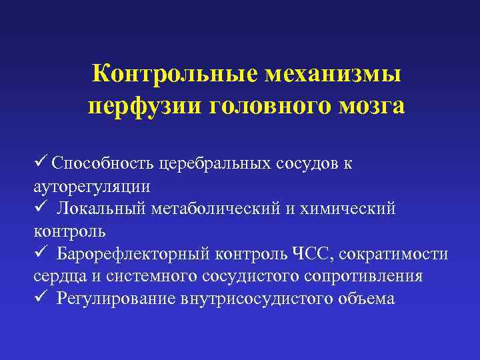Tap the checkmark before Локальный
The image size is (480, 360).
click(39, 209)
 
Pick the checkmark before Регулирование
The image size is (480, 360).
click(39, 299)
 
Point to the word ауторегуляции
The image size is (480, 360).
click(91, 186)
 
